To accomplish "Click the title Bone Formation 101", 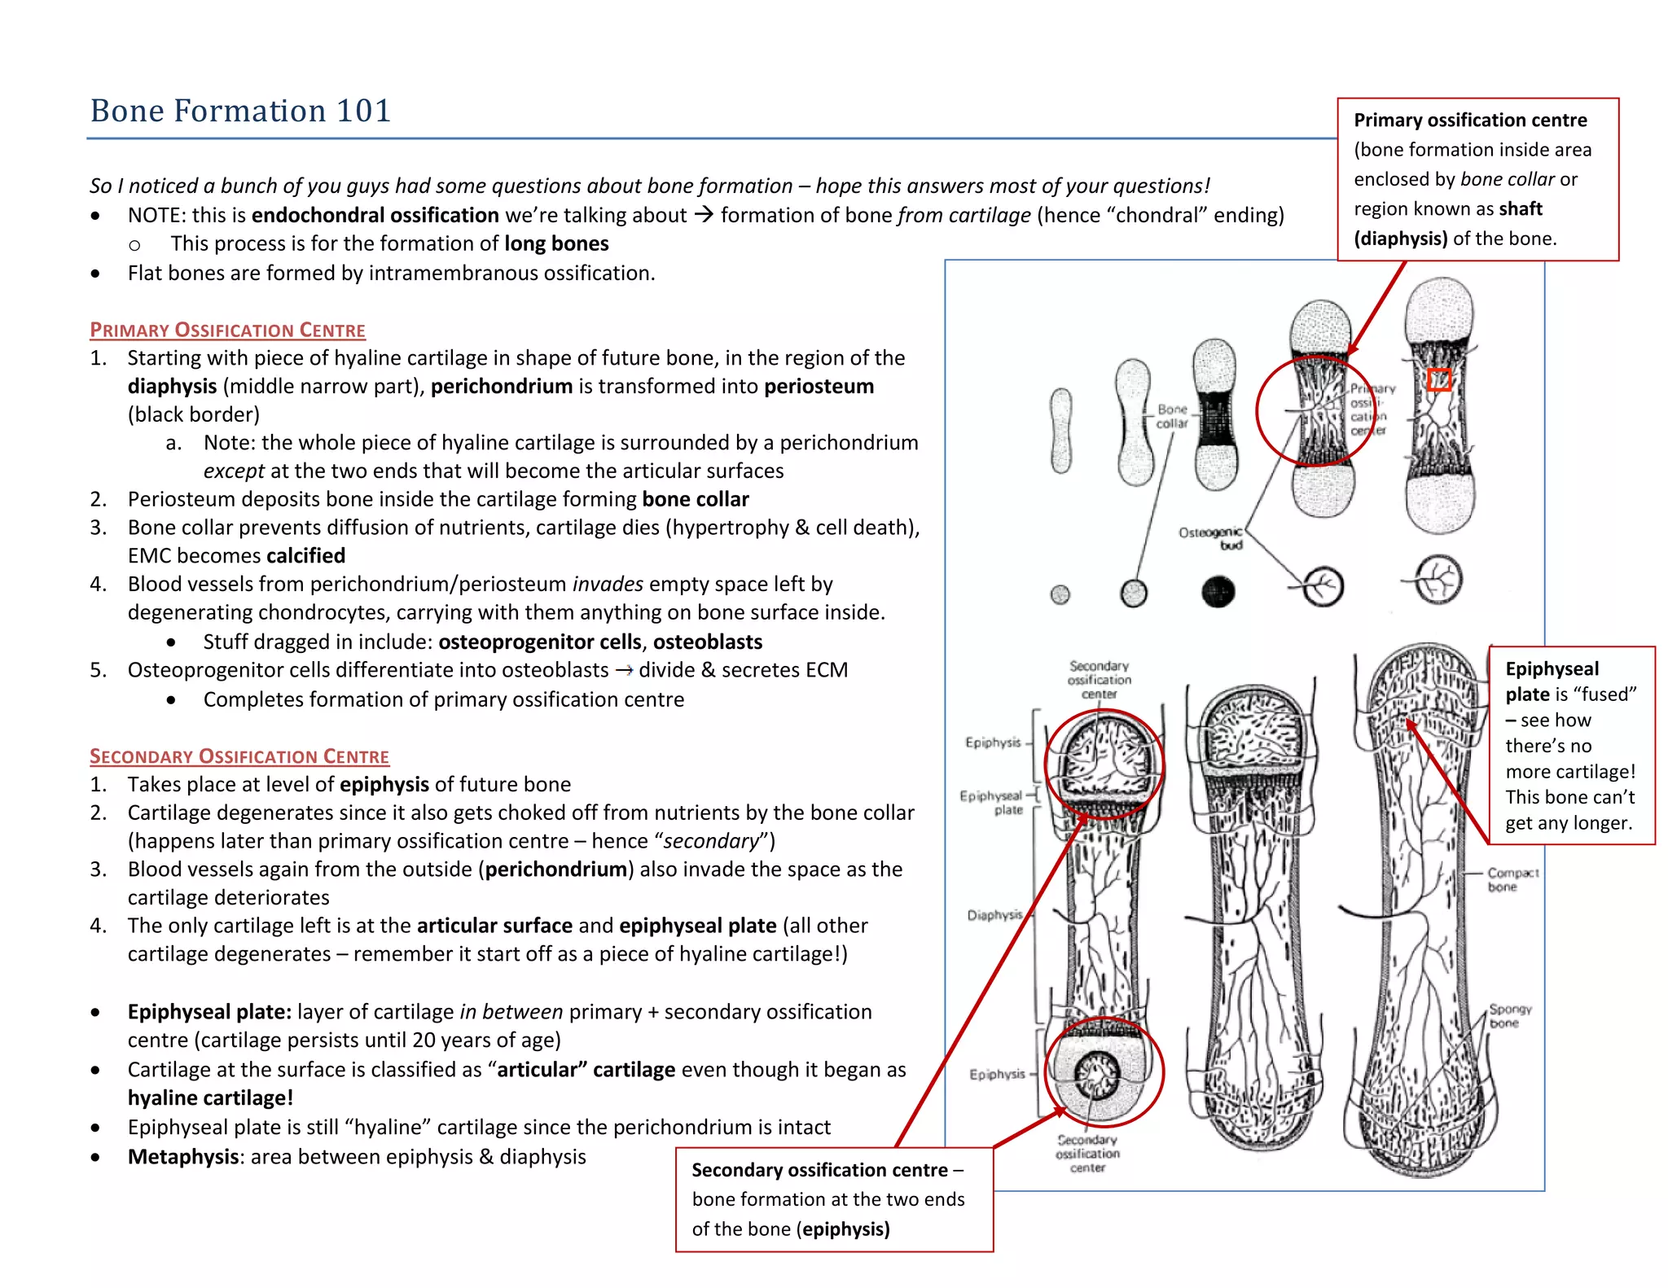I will pyautogui.click(x=240, y=111).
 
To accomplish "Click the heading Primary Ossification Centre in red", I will pyautogui.click(x=227, y=330).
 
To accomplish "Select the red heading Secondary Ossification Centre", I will pyautogui.click(x=239, y=756).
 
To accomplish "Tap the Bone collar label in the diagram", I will pyautogui.click(x=1172, y=416).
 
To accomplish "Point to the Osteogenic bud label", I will pyautogui.click(x=1210, y=538).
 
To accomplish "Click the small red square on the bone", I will pyautogui.click(x=1439, y=379).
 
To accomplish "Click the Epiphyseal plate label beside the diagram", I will pyautogui.click(x=991, y=802).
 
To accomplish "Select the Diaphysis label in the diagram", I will pyautogui.click(x=994, y=915).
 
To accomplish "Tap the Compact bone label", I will pyautogui.click(x=1512, y=879).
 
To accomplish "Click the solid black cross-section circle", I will pyautogui.click(x=1218, y=592).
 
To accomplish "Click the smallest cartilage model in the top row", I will pyautogui.click(x=1060, y=430).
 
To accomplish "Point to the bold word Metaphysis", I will pyautogui.click(x=183, y=1157).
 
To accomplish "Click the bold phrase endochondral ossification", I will pyautogui.click(x=375, y=215).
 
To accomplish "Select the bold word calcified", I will pyautogui.click(x=305, y=555).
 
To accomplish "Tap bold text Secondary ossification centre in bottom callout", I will pyautogui.click(x=819, y=1170).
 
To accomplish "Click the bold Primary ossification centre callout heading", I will pyautogui.click(x=1469, y=120).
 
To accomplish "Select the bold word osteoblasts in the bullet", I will pyautogui.click(x=707, y=642).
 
